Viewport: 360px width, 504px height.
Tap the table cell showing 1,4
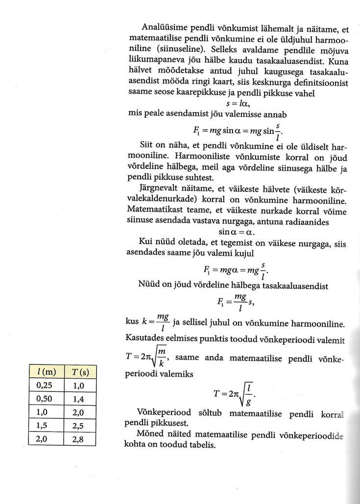point(79,398)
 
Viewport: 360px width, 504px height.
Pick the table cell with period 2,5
point(79,426)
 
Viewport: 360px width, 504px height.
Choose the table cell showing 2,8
point(79,439)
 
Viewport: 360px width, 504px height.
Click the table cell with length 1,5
point(46,426)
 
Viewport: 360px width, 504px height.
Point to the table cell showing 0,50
point(46,398)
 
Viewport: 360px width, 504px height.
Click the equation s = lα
point(238,104)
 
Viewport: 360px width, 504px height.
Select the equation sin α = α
point(237,231)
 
